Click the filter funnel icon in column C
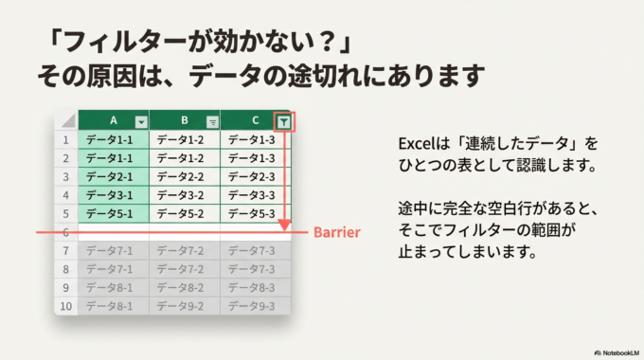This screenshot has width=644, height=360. click(284, 120)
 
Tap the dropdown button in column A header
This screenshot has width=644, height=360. click(141, 121)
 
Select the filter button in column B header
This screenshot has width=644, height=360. click(212, 121)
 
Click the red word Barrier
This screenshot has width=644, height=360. click(336, 231)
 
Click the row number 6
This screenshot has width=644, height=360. click(66, 232)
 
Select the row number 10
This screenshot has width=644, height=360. click(66, 306)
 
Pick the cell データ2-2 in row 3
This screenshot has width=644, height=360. click(185, 176)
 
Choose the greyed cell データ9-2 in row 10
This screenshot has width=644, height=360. click(185, 306)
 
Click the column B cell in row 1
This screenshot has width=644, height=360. click(185, 139)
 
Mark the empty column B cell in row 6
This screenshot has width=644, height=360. click(185, 232)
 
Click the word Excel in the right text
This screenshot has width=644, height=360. click(414, 144)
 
